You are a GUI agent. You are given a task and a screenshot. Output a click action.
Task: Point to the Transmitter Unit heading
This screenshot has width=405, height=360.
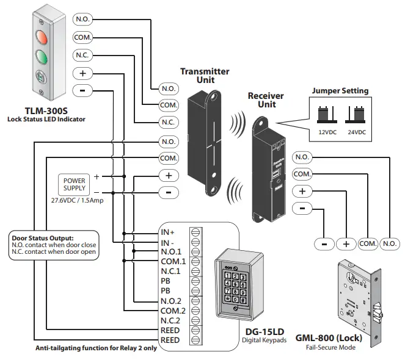pos(205,75)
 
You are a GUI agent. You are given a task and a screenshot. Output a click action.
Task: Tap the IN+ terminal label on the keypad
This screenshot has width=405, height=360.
pos(168,232)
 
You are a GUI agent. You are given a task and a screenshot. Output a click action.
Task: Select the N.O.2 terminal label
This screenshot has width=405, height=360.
pos(172,301)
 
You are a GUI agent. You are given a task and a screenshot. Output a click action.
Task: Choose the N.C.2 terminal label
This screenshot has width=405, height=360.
pos(172,320)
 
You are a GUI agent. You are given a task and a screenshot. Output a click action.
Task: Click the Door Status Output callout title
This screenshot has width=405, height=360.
pos(42,238)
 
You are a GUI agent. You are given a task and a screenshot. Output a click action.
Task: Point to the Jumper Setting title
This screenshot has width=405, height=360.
pos(340,91)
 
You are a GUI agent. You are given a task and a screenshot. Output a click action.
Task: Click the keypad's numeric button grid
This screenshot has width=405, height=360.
pos(236,287)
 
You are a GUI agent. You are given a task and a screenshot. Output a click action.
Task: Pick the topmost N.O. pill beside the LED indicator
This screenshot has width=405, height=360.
pos(82,20)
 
